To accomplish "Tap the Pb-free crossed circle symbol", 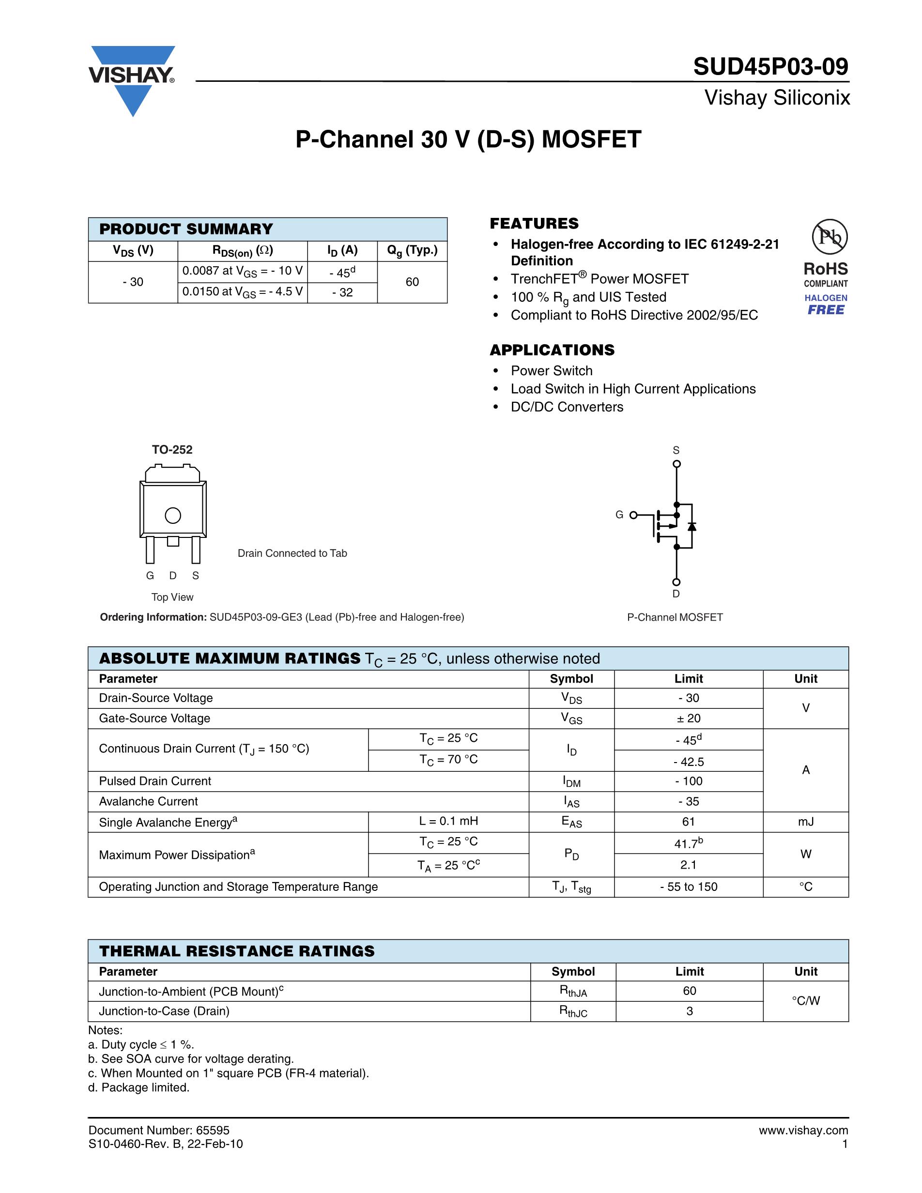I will (829, 237).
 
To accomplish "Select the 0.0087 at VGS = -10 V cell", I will (243, 272).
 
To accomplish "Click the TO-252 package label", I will (172, 450).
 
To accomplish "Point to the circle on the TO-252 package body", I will (172, 516).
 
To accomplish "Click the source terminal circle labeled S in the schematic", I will (676, 464).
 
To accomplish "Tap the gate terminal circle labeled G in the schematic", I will (633, 515).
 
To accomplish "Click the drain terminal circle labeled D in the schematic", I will (676, 582).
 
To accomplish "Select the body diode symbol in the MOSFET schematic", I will (692, 527).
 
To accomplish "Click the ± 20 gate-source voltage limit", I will (688, 719).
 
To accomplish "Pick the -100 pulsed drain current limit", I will (688, 781).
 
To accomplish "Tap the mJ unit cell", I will (806, 822).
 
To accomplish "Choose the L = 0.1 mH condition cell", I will (448, 821).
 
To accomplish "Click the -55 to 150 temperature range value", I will (688, 887).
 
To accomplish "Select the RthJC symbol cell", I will (572, 1011).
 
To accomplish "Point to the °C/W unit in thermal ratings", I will (806, 1001).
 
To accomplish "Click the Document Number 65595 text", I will (159, 1130).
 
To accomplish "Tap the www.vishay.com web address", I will (803, 1130).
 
